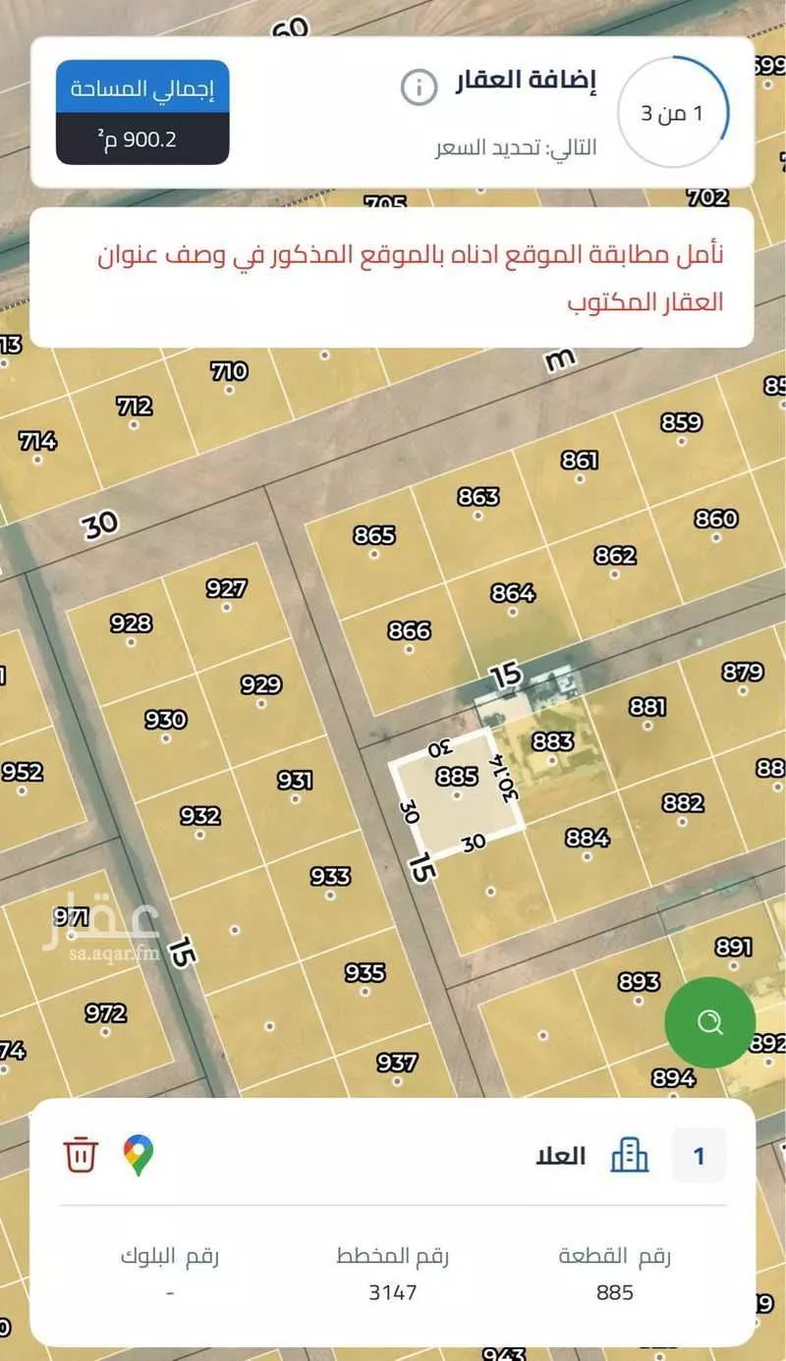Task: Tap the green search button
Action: [709, 1022]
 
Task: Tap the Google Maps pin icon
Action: [139, 1155]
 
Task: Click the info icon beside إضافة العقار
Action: [419, 87]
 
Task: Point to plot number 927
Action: [226, 589]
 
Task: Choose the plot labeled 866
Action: [409, 630]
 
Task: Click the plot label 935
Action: [365, 973]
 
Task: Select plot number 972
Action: [105, 1013]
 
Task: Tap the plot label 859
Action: [681, 423]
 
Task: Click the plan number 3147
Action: [393, 1292]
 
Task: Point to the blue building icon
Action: [630, 1155]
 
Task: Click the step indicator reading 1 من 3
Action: [673, 112]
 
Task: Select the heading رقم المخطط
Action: [393, 1256]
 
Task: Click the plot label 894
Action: [673, 1078]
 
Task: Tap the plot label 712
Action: [134, 407]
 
